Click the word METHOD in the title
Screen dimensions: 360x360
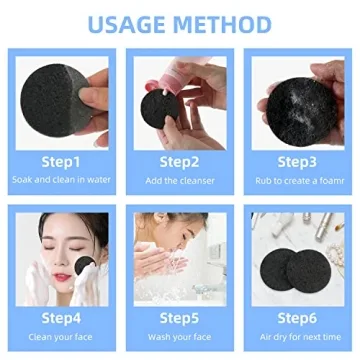tap(221, 23)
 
